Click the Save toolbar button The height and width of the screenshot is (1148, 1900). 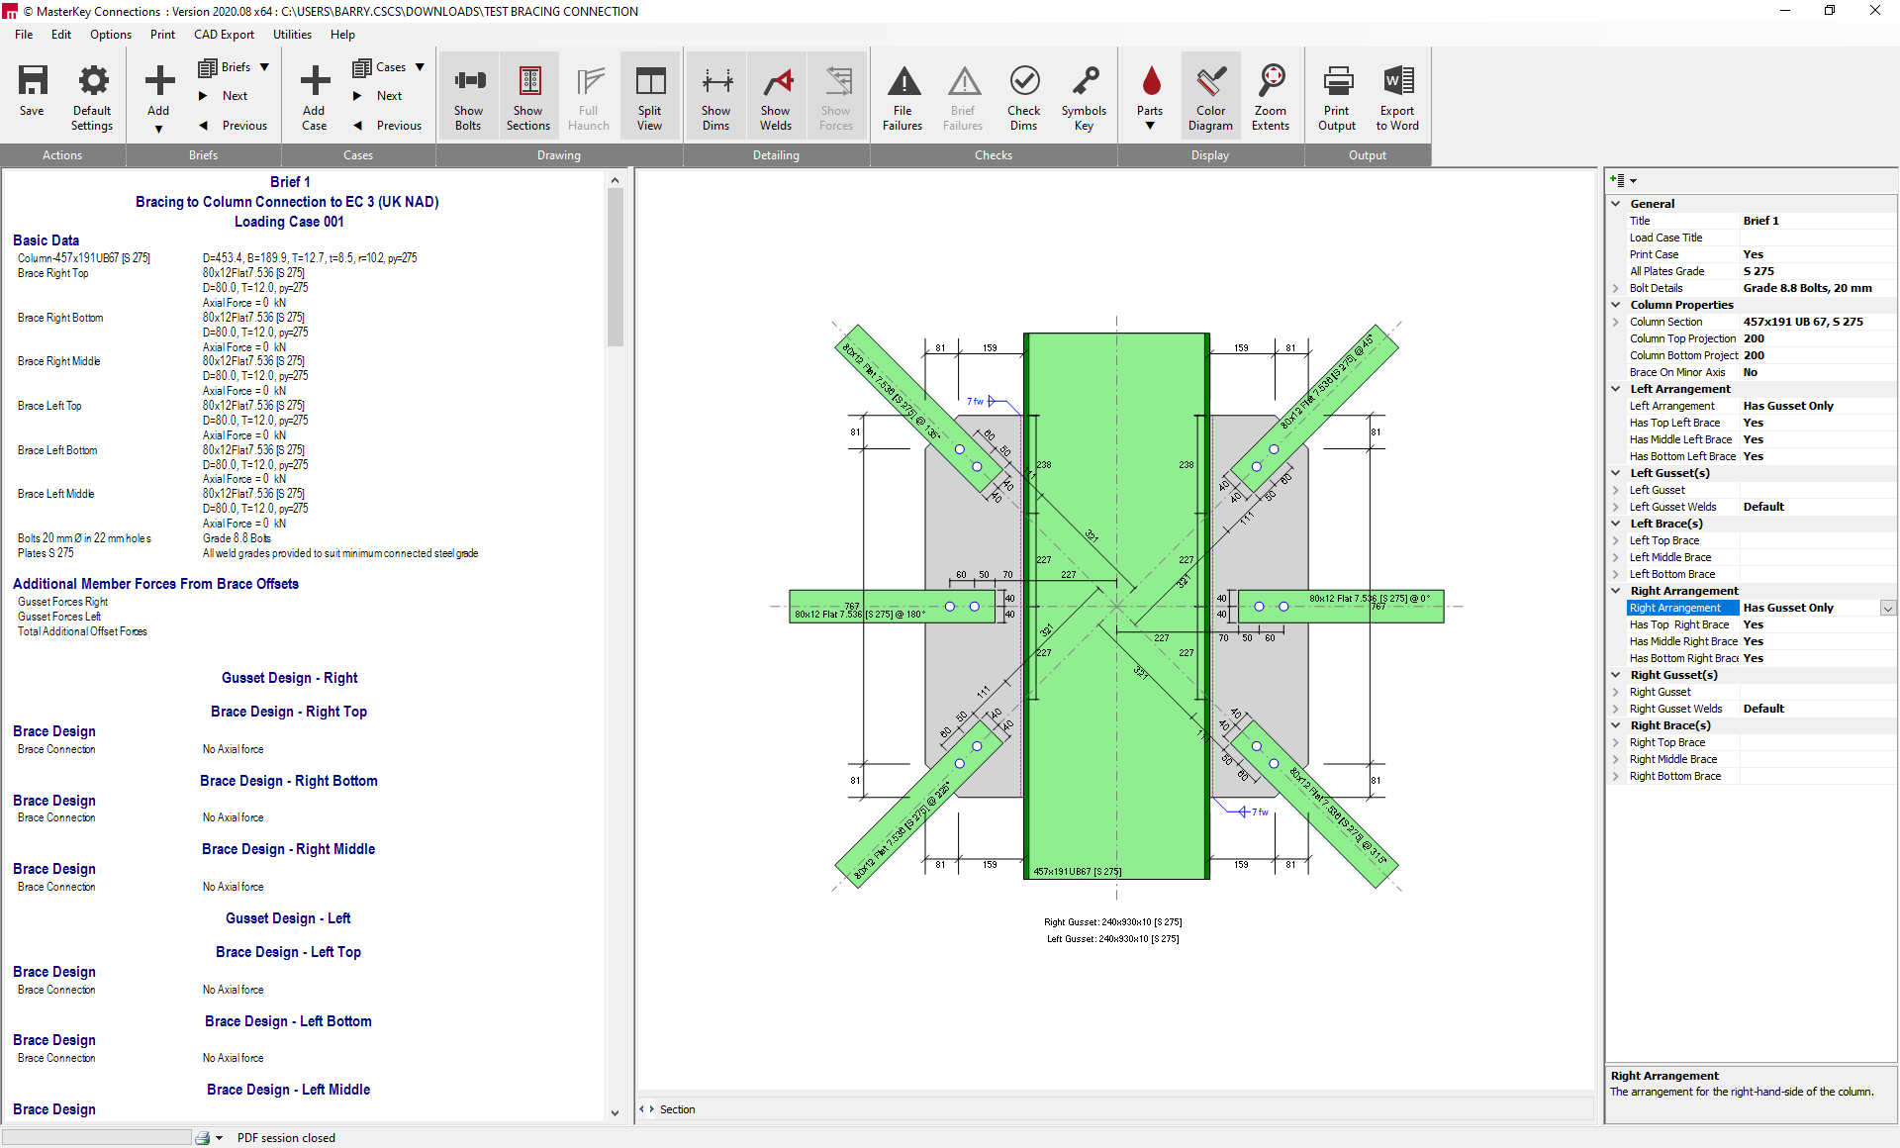[x=32, y=94]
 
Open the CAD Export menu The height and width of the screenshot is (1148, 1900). [x=224, y=35]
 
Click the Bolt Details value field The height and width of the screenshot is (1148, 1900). [x=1807, y=288]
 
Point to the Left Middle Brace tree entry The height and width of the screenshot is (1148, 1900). [x=1670, y=557]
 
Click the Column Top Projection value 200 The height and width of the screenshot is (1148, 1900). [x=1754, y=338]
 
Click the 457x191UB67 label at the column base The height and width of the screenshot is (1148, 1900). [x=1077, y=872]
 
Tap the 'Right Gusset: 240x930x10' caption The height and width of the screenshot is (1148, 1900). [x=1112, y=922]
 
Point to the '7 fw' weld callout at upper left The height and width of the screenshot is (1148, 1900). [x=975, y=401]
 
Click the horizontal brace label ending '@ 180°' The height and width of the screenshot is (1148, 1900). [x=859, y=615]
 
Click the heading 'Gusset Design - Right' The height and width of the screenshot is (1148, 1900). [x=289, y=678]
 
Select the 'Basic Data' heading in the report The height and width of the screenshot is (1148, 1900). [x=46, y=240]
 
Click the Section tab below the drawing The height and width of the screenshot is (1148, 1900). [x=677, y=1109]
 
